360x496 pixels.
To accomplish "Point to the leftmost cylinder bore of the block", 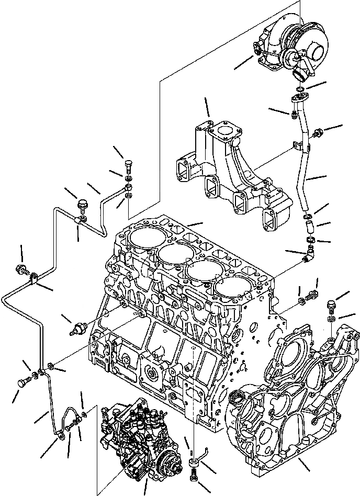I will pos(143,239).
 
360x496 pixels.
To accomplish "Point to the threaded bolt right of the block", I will pos(313,294).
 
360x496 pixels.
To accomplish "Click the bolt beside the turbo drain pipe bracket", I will pos(317,134).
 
